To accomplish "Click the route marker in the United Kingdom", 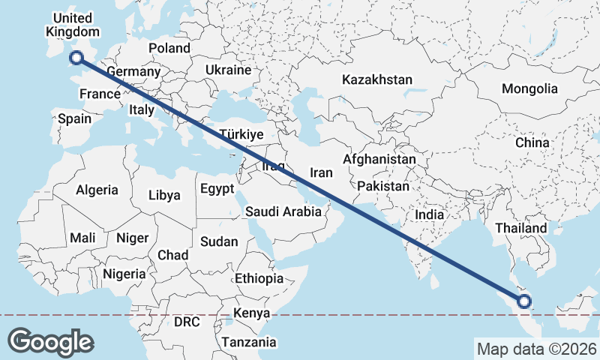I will [76, 58].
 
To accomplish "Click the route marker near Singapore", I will [523, 302].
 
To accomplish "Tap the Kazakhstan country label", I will [377, 79].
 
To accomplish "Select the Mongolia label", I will [529, 88].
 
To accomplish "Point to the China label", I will [532, 142].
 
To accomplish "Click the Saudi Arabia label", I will [283, 212].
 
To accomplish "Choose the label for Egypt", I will [217, 189].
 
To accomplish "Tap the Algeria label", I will [97, 190].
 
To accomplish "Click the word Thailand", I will [521, 228].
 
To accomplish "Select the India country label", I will [430, 215].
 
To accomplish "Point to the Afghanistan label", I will [379, 160].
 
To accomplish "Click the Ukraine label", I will [228, 70].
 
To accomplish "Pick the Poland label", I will [169, 48].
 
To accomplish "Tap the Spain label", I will [74, 118].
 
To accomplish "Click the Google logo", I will [50, 342].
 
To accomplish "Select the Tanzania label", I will [248, 342].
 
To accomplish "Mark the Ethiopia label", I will [259, 278].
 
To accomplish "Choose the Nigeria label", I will [124, 274].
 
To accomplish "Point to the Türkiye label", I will [241, 135].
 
